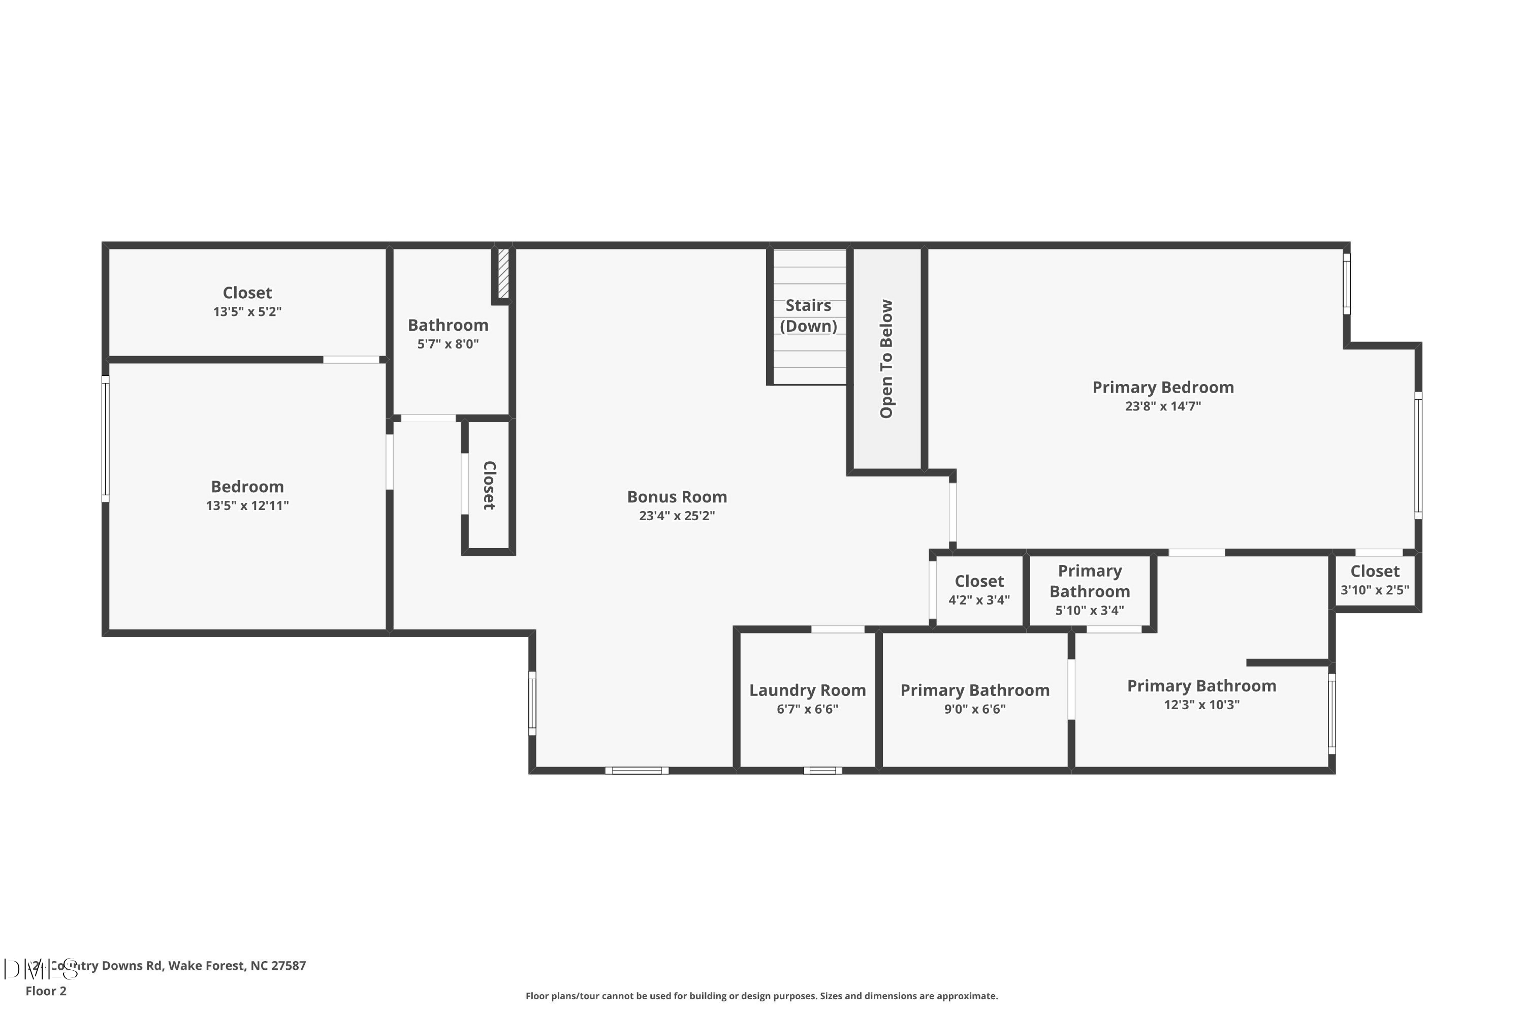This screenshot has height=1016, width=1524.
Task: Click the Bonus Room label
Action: pos(677,497)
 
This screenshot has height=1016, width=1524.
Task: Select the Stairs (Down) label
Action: pos(808,315)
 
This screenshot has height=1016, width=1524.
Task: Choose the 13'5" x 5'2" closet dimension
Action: pos(247,312)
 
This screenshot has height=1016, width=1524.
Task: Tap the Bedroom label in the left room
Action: pos(247,487)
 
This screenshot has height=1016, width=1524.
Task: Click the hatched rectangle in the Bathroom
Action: pos(503,273)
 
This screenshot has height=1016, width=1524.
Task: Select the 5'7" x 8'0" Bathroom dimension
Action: pos(448,344)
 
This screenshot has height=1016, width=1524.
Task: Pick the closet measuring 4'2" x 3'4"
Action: pos(978,590)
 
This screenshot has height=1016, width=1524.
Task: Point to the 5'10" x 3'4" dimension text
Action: pos(1089,611)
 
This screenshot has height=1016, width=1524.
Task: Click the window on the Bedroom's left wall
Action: pos(106,439)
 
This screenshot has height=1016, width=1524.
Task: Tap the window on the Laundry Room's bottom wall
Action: pos(822,771)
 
